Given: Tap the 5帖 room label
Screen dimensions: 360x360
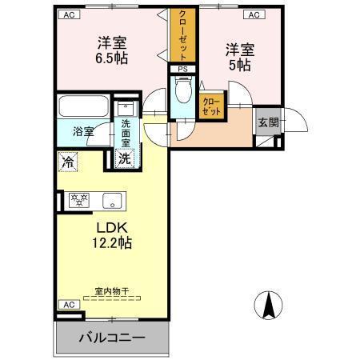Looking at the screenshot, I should pyautogui.click(x=239, y=56).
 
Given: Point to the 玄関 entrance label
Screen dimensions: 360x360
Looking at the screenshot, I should pyautogui.click(x=266, y=122).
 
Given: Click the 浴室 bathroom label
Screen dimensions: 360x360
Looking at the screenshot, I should pyautogui.click(x=82, y=131).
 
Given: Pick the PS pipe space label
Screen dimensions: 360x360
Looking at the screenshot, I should pyautogui.click(x=183, y=69).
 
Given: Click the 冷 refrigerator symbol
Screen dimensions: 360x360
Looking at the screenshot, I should pyautogui.click(x=67, y=160).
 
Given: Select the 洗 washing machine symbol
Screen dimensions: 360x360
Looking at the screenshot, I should pyautogui.click(x=126, y=158).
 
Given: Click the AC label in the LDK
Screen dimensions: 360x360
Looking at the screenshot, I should pyautogui.click(x=69, y=305).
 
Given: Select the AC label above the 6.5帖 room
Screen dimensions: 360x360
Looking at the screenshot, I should pyautogui.click(x=69, y=14).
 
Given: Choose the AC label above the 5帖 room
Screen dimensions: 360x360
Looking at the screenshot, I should pyautogui.click(x=252, y=14).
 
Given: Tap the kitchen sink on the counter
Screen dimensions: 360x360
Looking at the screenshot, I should pyautogui.click(x=110, y=200).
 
